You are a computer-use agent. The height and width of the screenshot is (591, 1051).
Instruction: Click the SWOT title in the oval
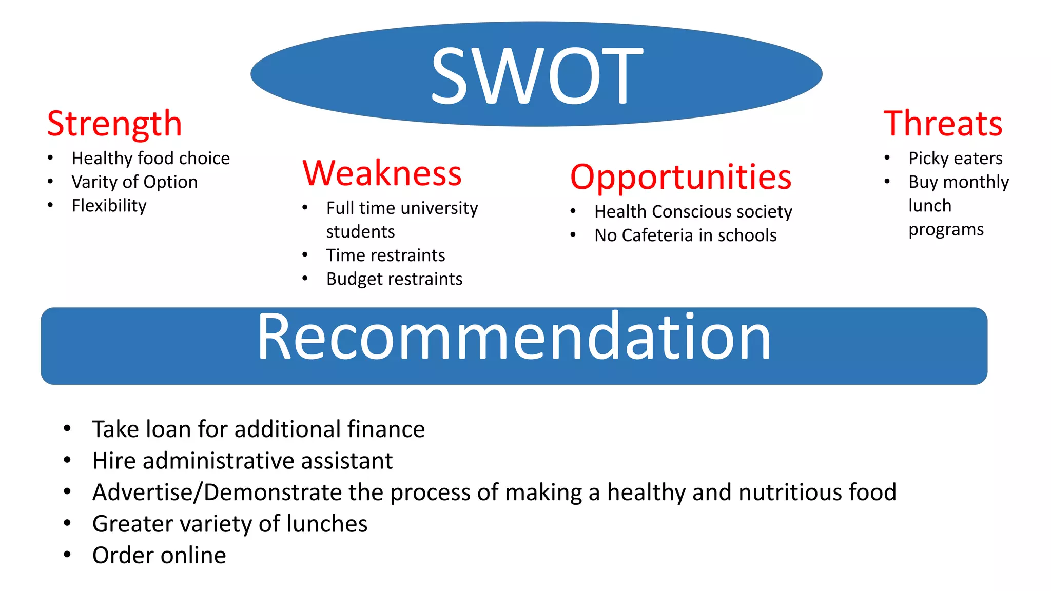(536, 75)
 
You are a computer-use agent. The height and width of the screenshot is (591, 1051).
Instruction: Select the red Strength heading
(114, 124)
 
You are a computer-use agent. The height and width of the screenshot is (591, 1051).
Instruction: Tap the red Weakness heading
(382, 173)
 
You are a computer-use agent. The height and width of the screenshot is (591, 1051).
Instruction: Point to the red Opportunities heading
(681, 177)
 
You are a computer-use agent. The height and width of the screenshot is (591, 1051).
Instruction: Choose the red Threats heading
(943, 124)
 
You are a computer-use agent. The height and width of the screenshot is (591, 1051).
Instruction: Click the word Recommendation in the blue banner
(514, 338)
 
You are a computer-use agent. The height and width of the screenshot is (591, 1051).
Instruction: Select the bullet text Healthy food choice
(151, 159)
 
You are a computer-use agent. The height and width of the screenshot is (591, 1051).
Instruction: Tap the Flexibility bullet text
(109, 206)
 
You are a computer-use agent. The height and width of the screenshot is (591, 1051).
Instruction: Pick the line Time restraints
(385, 255)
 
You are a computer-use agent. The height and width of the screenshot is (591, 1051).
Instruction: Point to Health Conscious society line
(693, 212)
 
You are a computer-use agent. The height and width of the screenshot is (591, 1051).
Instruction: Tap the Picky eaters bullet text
(955, 159)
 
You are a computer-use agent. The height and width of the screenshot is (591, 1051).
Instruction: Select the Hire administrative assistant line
(242, 461)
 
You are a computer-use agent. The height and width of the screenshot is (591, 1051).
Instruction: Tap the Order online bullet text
(159, 556)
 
